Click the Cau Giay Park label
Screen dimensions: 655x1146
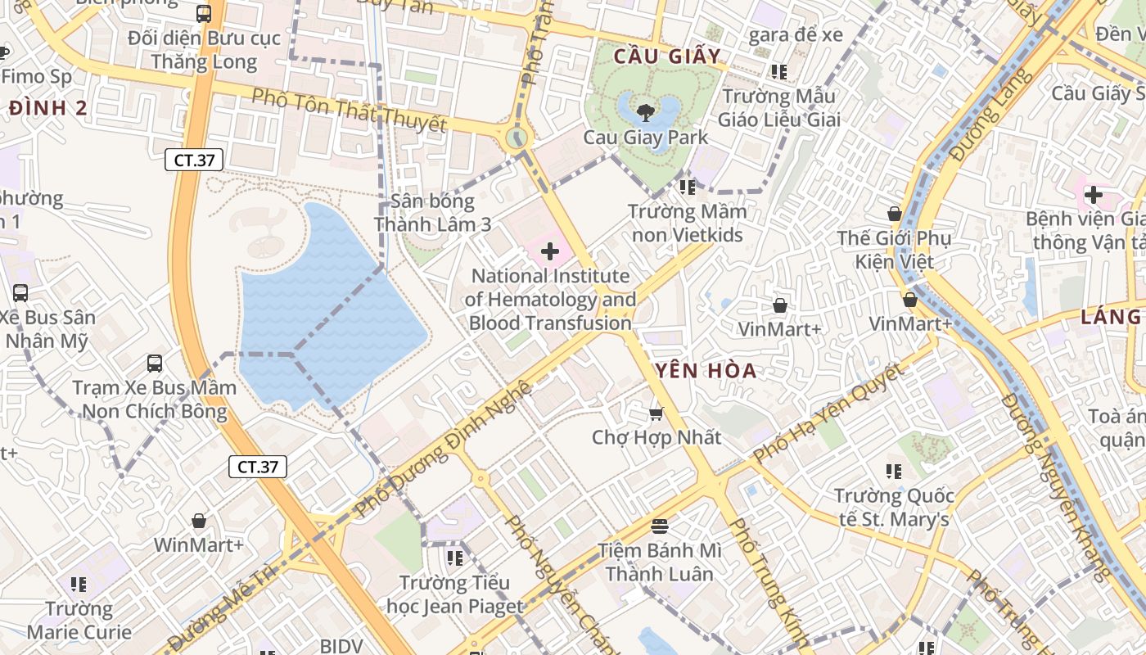click(645, 137)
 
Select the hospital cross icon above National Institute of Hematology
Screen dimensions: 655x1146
click(550, 251)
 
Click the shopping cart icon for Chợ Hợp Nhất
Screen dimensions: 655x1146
click(656, 413)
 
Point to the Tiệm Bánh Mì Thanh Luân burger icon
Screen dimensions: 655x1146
click(660, 525)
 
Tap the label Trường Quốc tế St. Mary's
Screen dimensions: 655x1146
click(894, 508)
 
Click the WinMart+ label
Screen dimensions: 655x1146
click(198, 544)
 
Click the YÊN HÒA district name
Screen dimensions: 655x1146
click(705, 371)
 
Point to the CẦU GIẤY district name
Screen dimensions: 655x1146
click(666, 56)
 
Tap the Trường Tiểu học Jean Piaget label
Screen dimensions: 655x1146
click(454, 594)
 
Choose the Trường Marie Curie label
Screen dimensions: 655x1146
click(79, 620)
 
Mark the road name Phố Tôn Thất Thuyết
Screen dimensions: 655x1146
click(349, 111)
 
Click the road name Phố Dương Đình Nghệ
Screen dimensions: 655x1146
click(445, 449)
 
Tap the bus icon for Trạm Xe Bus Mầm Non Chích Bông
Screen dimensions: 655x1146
click(154, 363)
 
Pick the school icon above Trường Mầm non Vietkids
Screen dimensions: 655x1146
click(687, 187)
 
